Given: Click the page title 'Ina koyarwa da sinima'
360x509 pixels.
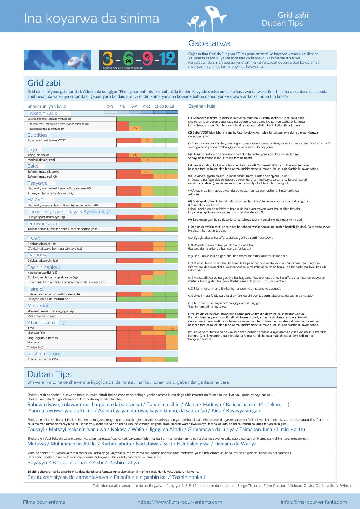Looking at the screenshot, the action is pos(91,19).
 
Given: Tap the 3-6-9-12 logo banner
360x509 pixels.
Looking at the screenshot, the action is pos(139,60).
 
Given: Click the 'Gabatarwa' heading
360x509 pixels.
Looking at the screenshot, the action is pos(209,43).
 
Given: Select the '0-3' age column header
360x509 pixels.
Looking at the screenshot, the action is pos(110,107).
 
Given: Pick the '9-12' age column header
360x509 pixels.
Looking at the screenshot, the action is pos(147,107).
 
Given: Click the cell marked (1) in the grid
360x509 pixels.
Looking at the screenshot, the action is pos(135,129).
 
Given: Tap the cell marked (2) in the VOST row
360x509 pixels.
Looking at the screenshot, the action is pos(147,140).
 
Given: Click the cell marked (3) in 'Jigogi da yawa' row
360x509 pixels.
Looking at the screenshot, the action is pos(135,155).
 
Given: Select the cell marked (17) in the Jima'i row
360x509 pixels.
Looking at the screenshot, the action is pos(172,328).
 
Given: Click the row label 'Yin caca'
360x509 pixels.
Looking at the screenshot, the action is pos(33,342).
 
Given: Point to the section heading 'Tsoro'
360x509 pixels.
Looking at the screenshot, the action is pos(34,238).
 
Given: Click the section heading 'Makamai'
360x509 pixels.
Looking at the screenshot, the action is pos(37,306).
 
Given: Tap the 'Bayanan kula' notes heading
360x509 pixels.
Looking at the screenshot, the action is pos(202,106).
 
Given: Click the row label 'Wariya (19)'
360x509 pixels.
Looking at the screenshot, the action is pos(35,347).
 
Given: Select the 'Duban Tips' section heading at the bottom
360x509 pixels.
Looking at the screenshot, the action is pos(50,374).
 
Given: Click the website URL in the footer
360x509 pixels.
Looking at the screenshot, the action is pos(180,502).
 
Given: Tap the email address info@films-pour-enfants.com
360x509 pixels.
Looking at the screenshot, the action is pos(314,502).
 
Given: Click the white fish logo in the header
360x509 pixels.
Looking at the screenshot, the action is pos(207,19).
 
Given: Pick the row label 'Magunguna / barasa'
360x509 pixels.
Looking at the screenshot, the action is pos(42,338).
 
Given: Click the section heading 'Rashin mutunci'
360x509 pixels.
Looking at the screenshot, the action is pos(45,354).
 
